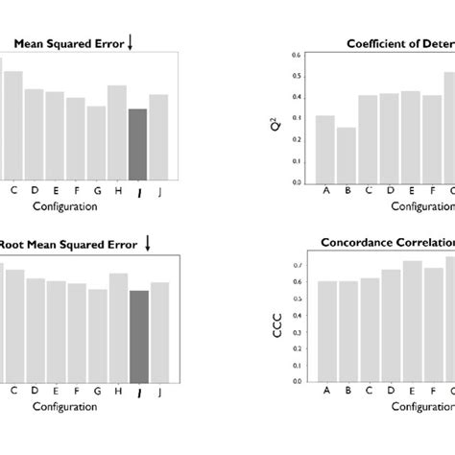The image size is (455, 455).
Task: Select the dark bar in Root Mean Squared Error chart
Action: click(138, 336)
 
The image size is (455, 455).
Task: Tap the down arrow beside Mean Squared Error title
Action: click(131, 41)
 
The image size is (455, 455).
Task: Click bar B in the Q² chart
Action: click(346, 155)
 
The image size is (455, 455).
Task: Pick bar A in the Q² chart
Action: click(325, 149)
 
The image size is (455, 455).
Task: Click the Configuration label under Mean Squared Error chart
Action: click(65, 205)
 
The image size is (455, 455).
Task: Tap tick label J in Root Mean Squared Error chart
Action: click(160, 392)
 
